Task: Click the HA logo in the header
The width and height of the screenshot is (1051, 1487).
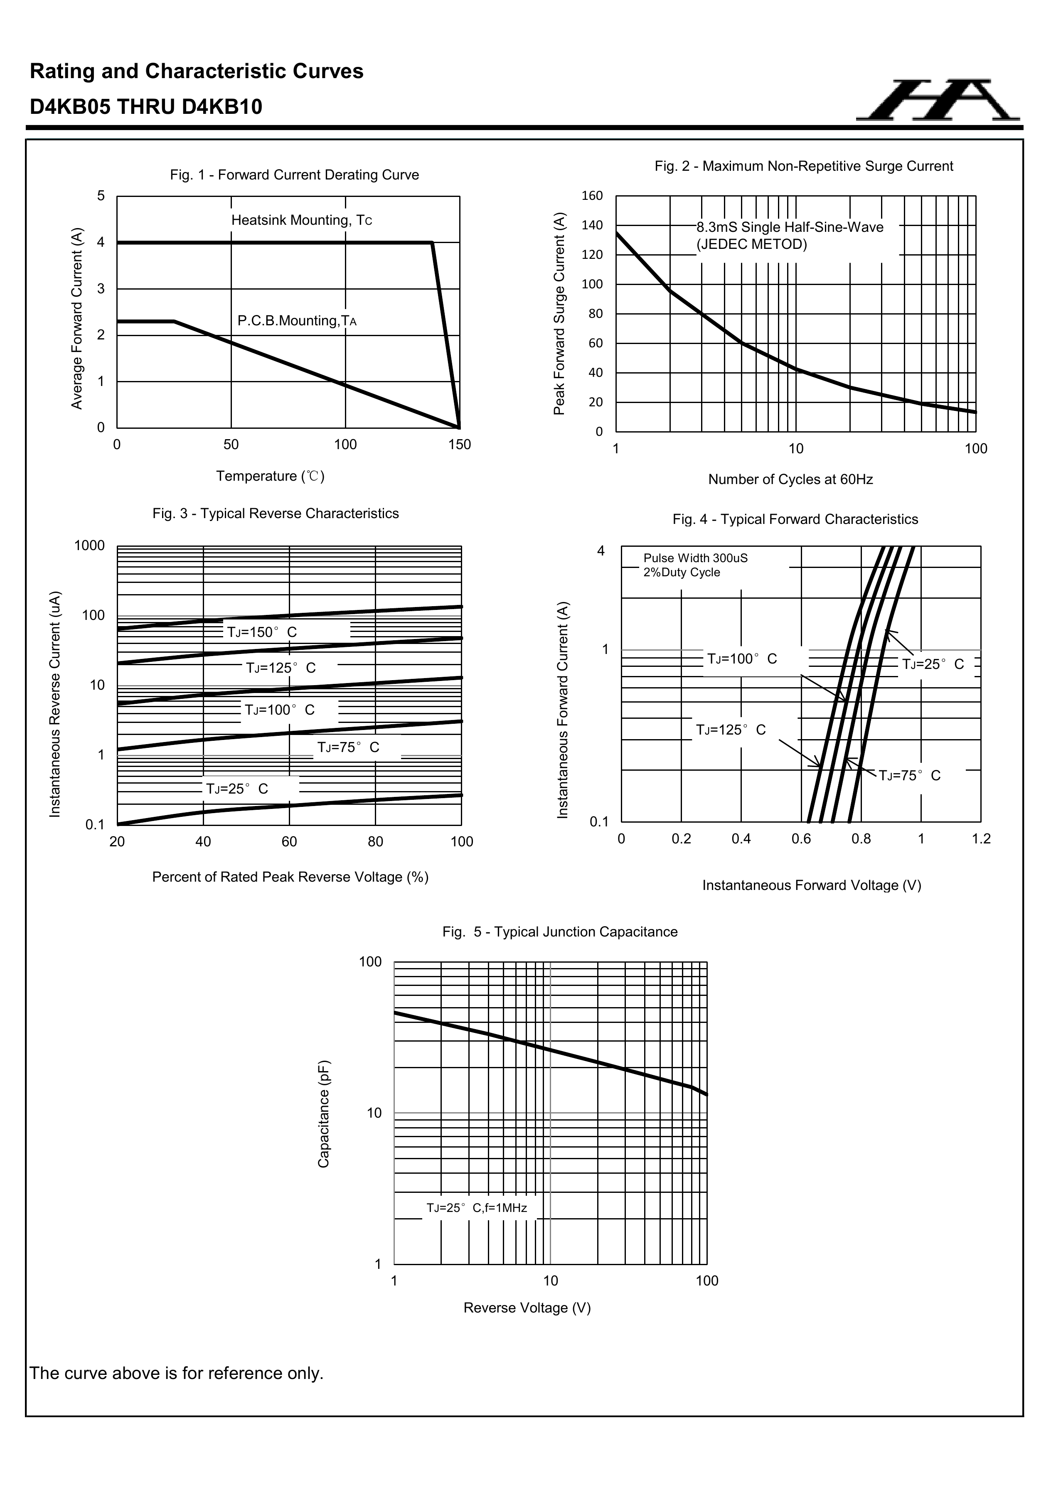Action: pyautogui.click(x=938, y=101)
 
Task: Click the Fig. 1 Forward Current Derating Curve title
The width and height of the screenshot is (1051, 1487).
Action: pyautogui.click(x=294, y=175)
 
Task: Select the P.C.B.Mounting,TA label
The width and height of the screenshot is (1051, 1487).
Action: pyautogui.click(x=297, y=321)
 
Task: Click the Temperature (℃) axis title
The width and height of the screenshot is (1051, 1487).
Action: pyautogui.click(x=270, y=477)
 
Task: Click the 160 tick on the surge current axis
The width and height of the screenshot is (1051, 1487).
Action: pyautogui.click(x=592, y=196)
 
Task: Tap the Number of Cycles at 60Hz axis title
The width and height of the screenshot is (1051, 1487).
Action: pyautogui.click(x=790, y=480)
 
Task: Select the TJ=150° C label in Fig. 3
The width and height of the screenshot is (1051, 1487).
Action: pyautogui.click(x=262, y=632)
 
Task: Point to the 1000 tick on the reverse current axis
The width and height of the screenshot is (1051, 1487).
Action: pyautogui.click(x=89, y=546)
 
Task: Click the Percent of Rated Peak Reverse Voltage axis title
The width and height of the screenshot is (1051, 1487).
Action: pyautogui.click(x=290, y=877)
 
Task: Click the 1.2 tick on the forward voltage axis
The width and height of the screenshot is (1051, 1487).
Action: pyautogui.click(x=981, y=839)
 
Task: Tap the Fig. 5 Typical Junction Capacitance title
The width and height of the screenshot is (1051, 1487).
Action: pyautogui.click(x=560, y=932)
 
